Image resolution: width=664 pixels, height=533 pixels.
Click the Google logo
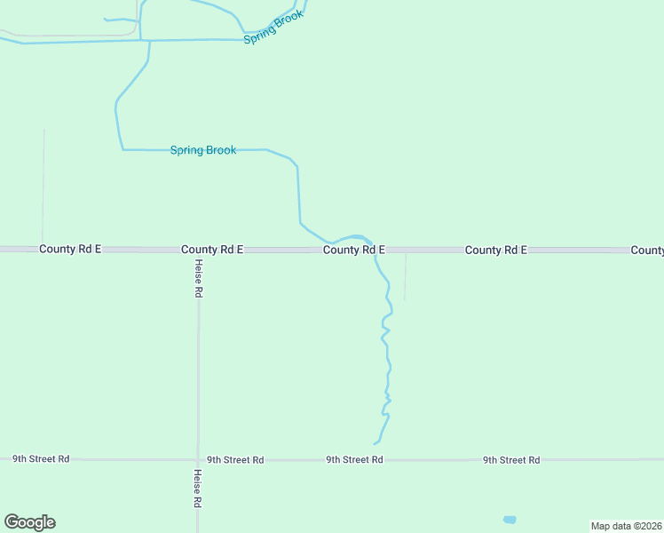29,522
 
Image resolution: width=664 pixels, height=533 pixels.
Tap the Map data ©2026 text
626,526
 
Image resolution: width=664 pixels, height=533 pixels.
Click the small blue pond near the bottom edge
509,520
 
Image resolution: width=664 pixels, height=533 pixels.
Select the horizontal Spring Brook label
203,150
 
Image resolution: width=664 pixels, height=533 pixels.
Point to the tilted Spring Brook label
274,28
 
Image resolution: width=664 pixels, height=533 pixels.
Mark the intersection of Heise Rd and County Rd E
198,251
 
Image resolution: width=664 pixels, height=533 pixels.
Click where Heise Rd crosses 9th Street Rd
197,460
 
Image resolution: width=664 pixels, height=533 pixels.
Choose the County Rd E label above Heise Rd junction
212,251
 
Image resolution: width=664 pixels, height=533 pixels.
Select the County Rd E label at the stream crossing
353,251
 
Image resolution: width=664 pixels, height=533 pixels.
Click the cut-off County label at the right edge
647,251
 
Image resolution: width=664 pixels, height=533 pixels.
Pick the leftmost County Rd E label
70,250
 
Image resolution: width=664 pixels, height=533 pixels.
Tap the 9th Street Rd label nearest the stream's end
354,460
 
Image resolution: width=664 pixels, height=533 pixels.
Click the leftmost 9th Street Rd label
41,459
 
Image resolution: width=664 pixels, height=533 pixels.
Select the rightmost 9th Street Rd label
511,460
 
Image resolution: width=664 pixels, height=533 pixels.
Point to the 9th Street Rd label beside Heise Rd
235,460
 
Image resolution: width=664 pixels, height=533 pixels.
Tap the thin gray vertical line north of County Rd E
43,187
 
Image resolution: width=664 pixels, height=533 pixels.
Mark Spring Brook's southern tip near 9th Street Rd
375,442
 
